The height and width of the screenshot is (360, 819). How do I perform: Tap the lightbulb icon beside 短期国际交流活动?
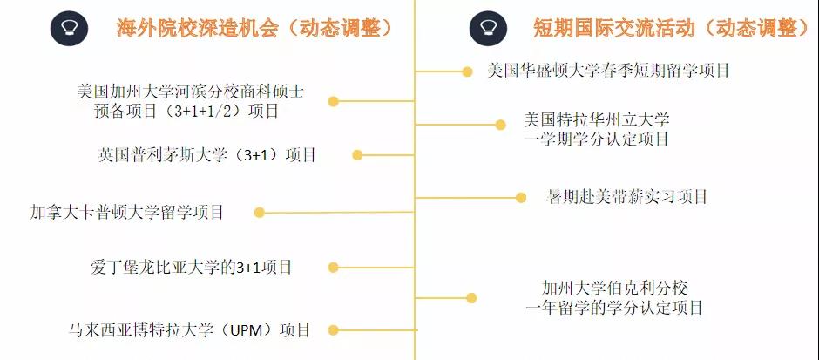click(488, 28)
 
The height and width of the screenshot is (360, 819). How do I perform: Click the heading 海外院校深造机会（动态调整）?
click(255, 28)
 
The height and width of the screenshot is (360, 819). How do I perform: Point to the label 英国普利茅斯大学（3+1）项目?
click(207, 155)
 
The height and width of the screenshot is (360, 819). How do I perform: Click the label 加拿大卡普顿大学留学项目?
click(127, 212)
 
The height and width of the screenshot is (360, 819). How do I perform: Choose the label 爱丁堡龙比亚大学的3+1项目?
click(192, 268)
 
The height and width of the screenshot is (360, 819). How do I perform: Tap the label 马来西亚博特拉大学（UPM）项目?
click(189, 329)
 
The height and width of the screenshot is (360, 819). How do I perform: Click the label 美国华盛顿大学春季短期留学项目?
click(608, 70)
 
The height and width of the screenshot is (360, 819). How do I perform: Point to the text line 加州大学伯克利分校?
click(614, 287)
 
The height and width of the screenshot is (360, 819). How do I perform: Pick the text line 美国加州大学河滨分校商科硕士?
click(191, 91)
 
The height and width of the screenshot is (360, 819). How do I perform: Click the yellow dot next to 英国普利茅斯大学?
click(357, 155)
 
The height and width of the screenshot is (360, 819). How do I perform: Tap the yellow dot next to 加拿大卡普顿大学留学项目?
click(259, 212)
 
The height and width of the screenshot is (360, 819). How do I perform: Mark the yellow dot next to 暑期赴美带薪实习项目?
click(521, 197)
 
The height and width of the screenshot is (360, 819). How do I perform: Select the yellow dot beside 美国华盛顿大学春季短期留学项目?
click(468, 70)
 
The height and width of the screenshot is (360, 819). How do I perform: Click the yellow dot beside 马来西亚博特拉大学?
click(333, 329)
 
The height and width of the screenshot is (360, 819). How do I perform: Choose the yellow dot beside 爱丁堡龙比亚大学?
click(333, 268)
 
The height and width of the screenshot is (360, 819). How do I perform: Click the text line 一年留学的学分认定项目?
click(614, 308)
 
